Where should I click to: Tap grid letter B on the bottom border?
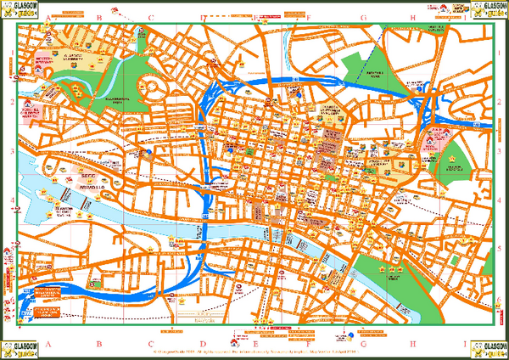point(99,344)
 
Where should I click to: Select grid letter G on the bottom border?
point(362,344)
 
